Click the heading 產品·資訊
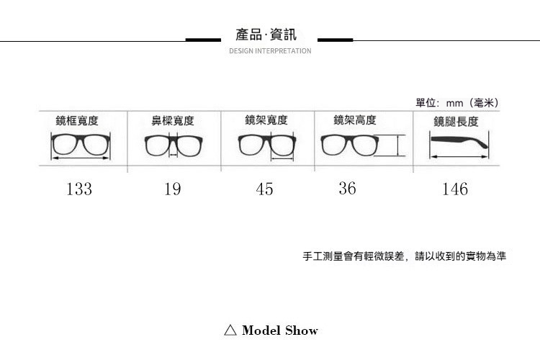point(266,35)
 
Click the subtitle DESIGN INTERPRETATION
point(270,51)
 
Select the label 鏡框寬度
point(77,120)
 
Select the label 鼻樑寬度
point(172,121)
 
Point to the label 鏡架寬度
point(266,120)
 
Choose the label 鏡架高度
point(354,120)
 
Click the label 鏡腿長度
point(456,121)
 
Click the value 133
point(79,189)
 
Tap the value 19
point(172,189)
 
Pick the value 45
point(264,189)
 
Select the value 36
point(347,188)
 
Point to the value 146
point(455,189)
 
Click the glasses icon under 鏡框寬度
point(81,145)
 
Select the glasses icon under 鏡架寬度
point(267,146)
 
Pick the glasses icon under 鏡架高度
point(350,145)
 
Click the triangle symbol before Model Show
point(230,330)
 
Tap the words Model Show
point(280,330)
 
